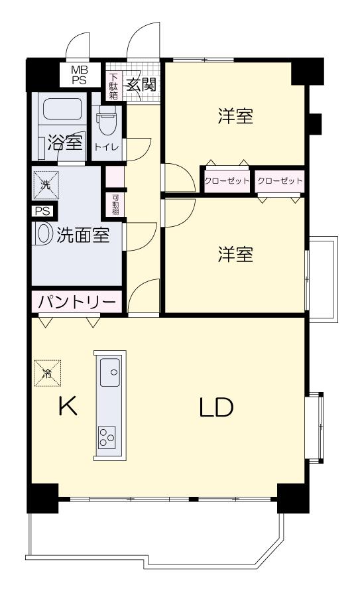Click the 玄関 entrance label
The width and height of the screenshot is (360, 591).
141,84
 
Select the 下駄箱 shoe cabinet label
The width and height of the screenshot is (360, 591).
114,84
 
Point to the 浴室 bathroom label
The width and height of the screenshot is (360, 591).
64,142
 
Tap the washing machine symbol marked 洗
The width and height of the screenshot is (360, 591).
46,185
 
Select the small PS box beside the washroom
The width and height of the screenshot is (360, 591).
42,212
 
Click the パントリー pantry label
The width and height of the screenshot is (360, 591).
76,302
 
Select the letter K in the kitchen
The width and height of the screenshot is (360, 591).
68,406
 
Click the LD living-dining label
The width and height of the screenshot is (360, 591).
216,408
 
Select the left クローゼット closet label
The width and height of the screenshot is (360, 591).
226,180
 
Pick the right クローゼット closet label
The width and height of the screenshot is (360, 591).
279,180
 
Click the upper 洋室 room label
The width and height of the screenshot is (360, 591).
235,117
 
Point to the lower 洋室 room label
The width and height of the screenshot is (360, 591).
235,255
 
